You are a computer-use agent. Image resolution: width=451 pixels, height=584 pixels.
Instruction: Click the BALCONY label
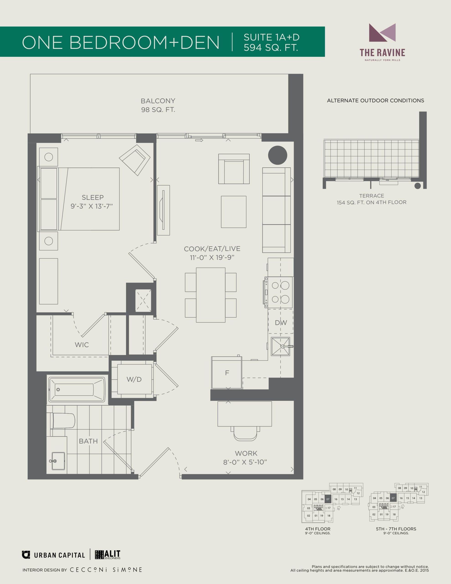158,101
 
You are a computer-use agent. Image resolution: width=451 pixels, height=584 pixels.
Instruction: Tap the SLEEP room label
93,197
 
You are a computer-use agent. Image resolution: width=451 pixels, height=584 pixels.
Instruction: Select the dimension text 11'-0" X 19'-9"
212,258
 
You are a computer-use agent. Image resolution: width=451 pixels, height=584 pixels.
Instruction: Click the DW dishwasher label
281,323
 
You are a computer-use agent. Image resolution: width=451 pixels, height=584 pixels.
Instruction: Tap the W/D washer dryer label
134,379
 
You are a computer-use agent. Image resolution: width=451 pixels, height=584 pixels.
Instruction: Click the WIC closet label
82,345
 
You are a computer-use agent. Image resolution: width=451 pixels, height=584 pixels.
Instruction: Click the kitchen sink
280,347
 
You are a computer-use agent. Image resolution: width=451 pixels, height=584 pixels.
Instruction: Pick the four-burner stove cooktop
279,292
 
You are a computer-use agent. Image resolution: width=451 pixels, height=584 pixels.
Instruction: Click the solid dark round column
278,155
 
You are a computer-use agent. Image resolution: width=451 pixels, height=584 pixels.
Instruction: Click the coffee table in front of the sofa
233,212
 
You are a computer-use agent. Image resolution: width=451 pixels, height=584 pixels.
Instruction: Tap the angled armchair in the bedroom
135,160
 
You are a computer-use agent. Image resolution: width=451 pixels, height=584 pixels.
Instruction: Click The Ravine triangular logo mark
382,33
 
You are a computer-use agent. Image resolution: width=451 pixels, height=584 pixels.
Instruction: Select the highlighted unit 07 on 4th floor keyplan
328,499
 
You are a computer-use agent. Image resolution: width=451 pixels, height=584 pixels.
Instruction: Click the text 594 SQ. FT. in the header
271,47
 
